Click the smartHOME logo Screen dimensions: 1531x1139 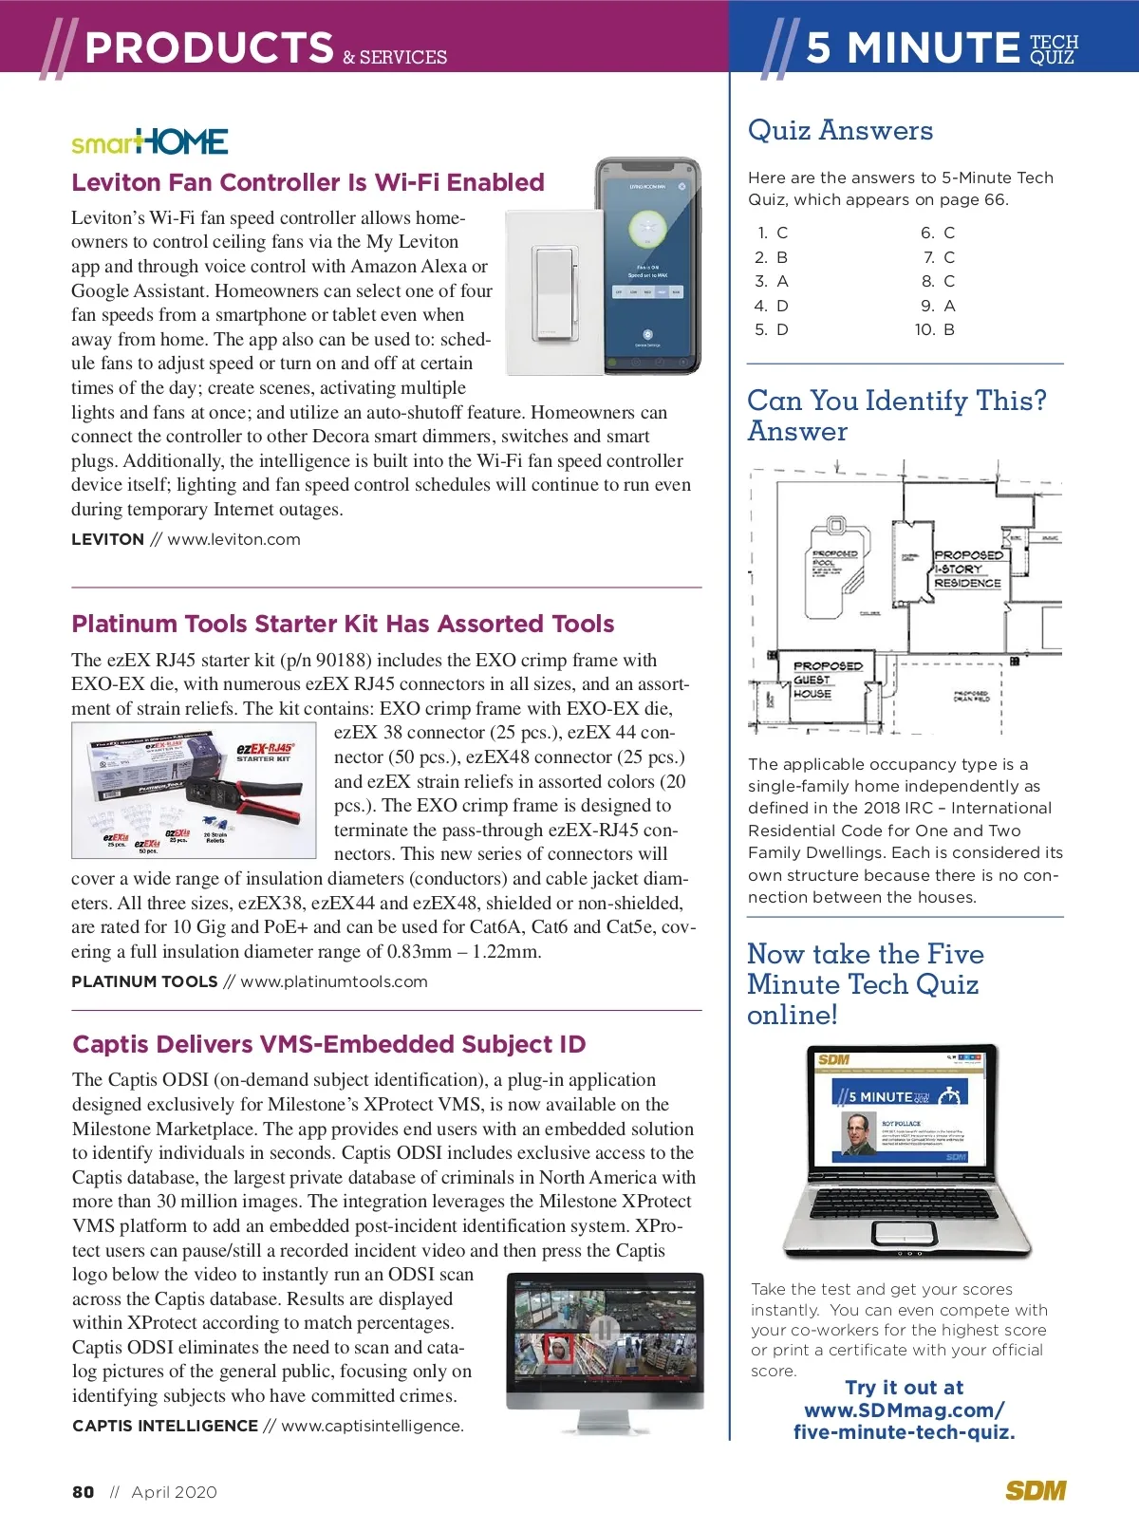tap(150, 142)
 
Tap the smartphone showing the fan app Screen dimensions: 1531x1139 tap(648, 266)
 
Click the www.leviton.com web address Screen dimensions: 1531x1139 tap(233, 539)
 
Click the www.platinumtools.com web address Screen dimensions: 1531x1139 tap(333, 981)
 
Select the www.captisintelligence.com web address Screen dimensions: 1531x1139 tap(372, 1426)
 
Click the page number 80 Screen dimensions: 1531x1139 tap(84, 1492)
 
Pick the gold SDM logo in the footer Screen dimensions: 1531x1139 tap(1036, 1491)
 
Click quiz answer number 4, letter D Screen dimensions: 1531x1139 tap(772, 306)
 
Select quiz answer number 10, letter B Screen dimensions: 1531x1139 tap(936, 329)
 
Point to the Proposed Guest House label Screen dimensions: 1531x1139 tap(826, 680)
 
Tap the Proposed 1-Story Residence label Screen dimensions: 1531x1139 tap(967, 569)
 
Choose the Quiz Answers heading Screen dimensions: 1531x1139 tap(840, 130)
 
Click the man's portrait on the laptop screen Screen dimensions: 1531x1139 tap(860, 1133)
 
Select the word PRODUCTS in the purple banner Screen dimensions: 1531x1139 tap(209, 47)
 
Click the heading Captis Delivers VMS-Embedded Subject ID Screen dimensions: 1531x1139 tap(328, 1044)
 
